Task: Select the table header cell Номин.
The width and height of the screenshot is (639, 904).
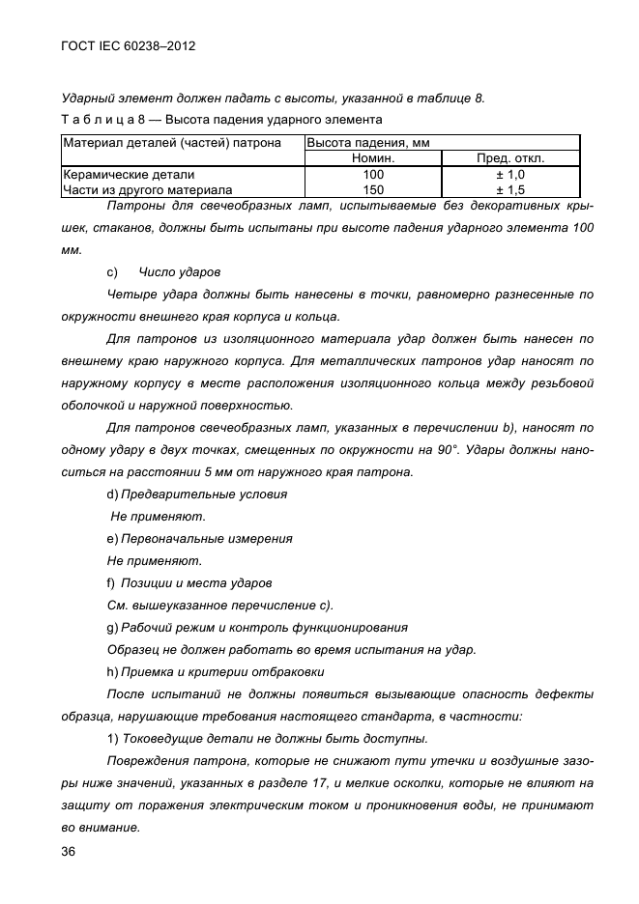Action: (x=372, y=158)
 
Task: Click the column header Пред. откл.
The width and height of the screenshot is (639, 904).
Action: (x=510, y=158)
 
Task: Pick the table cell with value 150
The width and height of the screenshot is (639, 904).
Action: (x=372, y=190)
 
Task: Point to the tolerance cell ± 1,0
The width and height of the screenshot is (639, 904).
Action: (x=510, y=175)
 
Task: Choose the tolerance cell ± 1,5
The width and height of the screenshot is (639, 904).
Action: (x=510, y=190)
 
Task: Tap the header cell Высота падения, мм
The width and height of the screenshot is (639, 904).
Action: (x=368, y=143)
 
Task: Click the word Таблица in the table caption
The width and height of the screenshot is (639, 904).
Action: (x=95, y=120)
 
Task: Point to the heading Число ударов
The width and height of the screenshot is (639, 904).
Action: (x=180, y=272)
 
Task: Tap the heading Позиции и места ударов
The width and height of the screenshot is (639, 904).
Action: (x=196, y=582)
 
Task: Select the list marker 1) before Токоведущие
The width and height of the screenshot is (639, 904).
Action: (x=112, y=738)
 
